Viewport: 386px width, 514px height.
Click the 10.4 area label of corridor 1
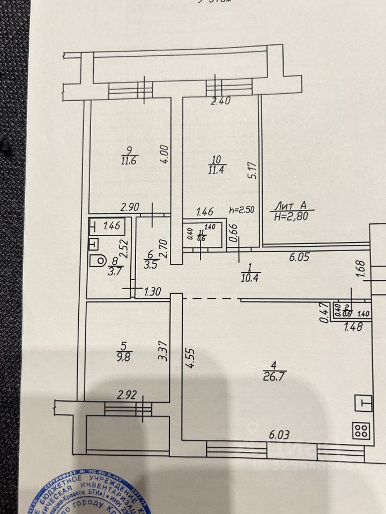(x=250, y=276)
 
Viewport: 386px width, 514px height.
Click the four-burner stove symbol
(x=361, y=430)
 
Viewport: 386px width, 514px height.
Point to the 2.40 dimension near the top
(x=221, y=101)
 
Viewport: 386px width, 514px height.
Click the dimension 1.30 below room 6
(x=153, y=293)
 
